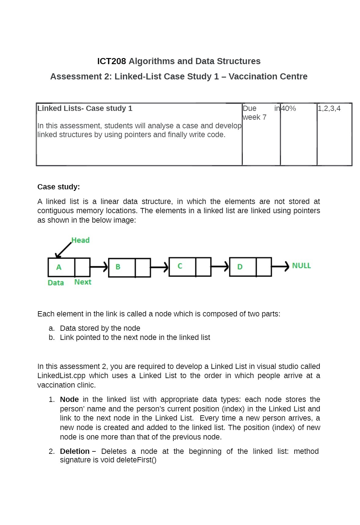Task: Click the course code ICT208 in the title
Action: [111, 61]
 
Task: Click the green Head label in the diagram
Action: [80, 240]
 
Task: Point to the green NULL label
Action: [301, 266]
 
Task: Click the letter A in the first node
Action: [59, 267]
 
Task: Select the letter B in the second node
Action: [118, 267]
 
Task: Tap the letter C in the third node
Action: [180, 266]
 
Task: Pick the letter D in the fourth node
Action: [240, 267]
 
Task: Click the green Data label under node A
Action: [56, 283]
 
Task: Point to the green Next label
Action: [83, 282]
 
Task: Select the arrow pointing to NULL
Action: [280, 266]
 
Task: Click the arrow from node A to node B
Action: [99, 267]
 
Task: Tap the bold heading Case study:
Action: [59, 187]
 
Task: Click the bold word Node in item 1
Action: [69, 399]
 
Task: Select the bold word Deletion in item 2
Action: [75, 451]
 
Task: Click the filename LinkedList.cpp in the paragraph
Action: [61, 376]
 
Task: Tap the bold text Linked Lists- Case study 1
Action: [85, 109]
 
